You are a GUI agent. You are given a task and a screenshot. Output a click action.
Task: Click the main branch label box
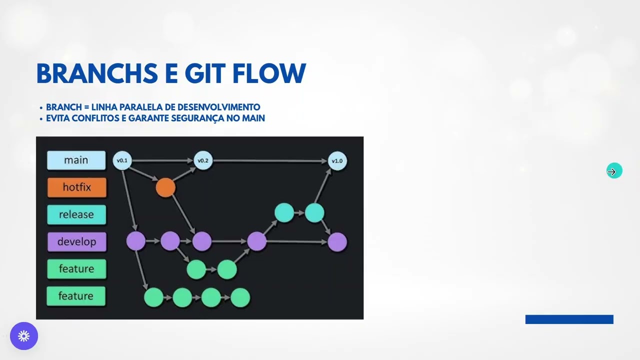pos(76,160)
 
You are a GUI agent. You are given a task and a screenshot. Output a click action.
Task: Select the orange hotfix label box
pos(76,187)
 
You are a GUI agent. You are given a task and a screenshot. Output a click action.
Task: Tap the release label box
pos(76,214)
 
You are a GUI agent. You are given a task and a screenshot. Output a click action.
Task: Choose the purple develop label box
pos(76,241)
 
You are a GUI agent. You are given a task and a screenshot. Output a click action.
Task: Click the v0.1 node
pos(122,160)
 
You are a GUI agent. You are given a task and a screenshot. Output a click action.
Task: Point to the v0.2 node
pos(202,160)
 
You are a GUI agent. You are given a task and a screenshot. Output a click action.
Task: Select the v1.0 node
pos(337,160)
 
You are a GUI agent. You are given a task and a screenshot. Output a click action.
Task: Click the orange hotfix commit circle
pos(165,188)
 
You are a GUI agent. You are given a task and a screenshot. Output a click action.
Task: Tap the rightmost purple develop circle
pos(337,242)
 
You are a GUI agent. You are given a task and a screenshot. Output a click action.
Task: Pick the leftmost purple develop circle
pos(135,241)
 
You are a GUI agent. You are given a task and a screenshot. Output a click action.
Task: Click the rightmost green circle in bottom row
pos(240,297)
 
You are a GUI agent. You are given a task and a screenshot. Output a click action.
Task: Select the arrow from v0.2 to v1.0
pos(270,161)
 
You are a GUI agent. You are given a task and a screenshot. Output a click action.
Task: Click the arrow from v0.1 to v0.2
pos(162,160)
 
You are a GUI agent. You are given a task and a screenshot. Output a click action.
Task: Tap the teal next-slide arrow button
pos(614,171)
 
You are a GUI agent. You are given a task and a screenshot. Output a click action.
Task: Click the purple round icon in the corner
pos(24,336)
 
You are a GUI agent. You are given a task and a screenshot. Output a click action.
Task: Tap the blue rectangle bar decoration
pos(569,319)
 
